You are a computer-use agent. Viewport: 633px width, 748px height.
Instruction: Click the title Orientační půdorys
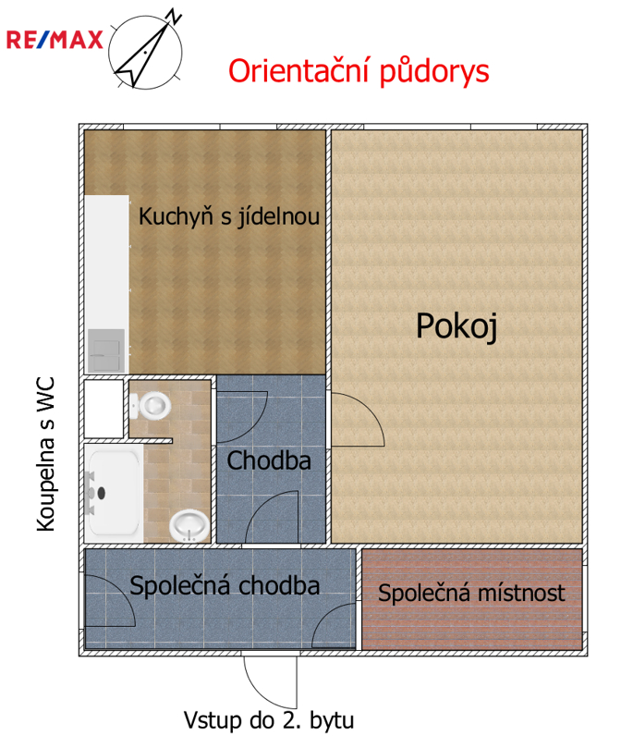[358, 70]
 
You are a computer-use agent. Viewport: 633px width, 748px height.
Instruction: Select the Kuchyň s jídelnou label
[229, 217]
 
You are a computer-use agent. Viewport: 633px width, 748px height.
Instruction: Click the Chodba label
[269, 460]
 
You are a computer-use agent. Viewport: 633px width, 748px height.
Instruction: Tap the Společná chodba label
[225, 585]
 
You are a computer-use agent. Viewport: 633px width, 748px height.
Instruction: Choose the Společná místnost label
[471, 593]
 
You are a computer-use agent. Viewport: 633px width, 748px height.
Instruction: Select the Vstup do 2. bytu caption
[269, 720]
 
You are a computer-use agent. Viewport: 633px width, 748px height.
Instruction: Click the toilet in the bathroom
[150, 404]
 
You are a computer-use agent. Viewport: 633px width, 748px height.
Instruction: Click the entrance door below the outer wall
[269, 681]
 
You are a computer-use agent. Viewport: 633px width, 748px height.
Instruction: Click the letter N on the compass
[173, 16]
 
